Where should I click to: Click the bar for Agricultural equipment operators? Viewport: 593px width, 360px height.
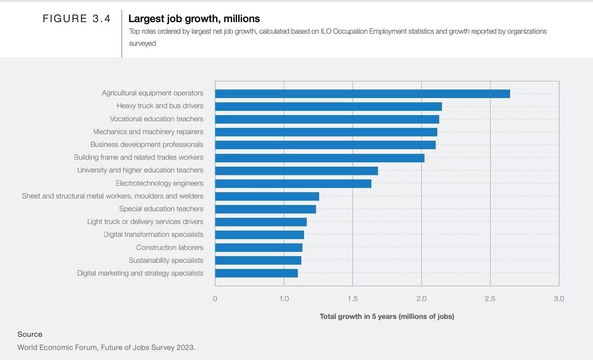click(362, 94)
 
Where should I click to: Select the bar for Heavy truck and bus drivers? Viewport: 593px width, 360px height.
click(328, 107)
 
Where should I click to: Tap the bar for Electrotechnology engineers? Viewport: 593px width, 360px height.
click(293, 184)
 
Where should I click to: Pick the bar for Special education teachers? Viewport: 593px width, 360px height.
click(265, 209)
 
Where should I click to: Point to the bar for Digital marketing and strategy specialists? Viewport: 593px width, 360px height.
click(256, 273)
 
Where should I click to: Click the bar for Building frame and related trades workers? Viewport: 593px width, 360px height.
click(320, 158)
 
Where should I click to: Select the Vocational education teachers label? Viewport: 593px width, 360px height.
click(156, 119)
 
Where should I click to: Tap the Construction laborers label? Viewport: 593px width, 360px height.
click(170, 248)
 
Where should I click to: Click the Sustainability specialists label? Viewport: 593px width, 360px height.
click(166, 260)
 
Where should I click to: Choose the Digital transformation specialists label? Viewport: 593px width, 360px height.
click(153, 234)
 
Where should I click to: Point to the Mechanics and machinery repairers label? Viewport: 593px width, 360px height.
click(148, 132)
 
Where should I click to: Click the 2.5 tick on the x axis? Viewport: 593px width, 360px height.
click(490, 299)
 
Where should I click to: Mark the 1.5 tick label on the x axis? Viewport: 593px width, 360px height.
click(352, 299)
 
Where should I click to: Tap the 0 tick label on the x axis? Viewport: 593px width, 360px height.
click(215, 299)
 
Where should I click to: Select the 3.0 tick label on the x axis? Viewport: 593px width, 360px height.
click(559, 299)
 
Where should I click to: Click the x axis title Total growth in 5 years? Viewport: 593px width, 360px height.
click(387, 317)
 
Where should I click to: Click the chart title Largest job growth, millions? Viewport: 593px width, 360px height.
click(194, 19)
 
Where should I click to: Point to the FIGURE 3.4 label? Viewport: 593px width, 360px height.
click(77, 19)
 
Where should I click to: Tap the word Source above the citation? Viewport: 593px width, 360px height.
click(30, 334)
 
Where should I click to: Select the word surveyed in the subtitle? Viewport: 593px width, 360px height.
click(142, 43)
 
